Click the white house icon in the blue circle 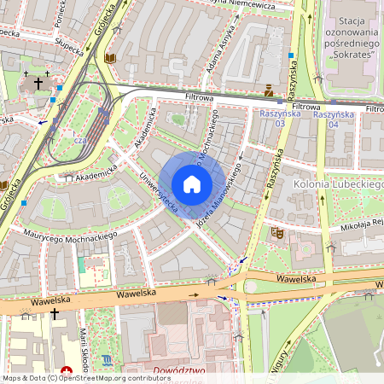192,184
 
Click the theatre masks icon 277,231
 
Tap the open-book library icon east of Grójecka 109,58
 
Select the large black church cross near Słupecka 37,84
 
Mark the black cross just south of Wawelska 55,314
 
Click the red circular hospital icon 67,372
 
